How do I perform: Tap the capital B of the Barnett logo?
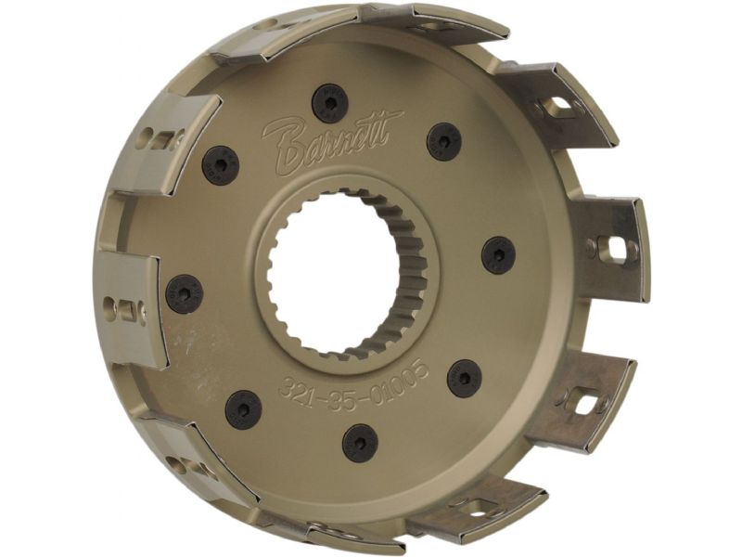pos(283,147)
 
